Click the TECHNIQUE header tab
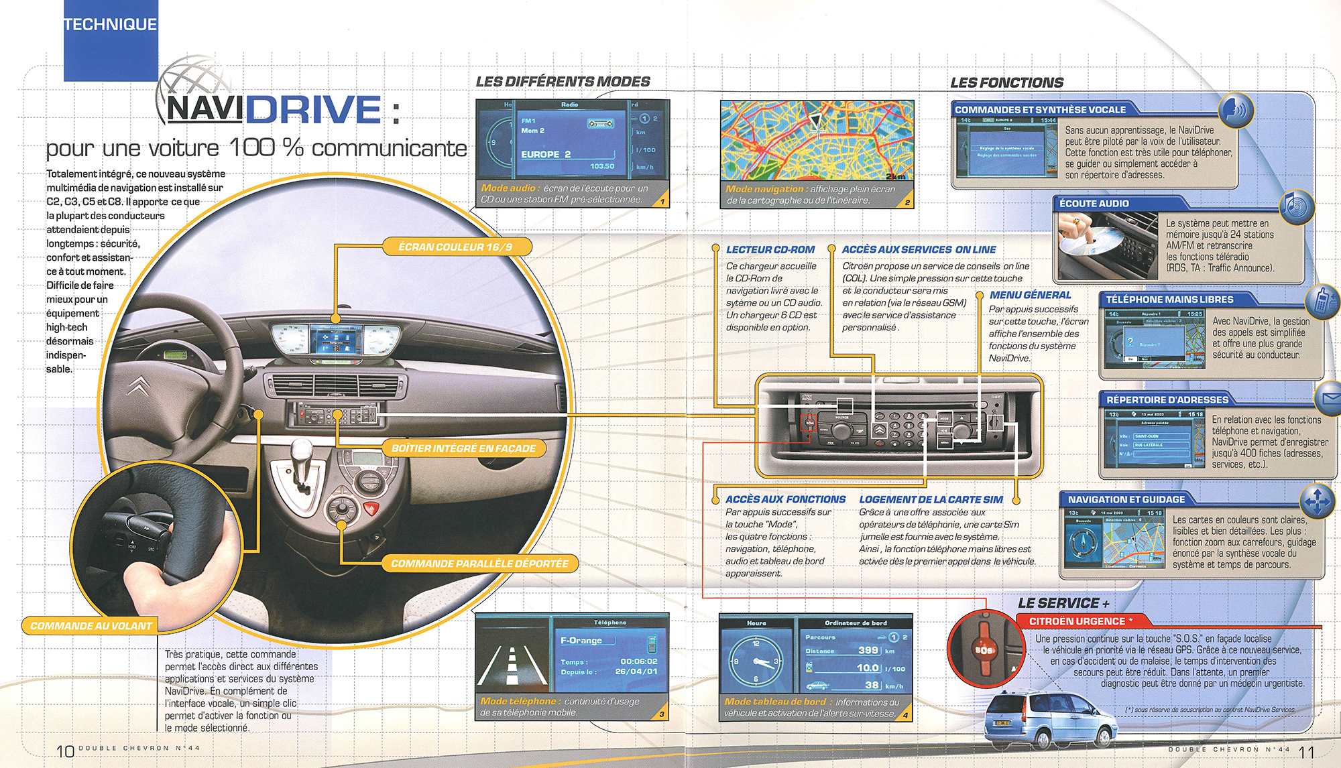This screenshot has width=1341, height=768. pos(111,25)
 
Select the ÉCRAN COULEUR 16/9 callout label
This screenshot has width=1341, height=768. pos(455,247)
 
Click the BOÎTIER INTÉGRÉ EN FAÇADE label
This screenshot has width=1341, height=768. pos(463,448)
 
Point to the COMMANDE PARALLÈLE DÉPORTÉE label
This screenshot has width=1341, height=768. pos(479,564)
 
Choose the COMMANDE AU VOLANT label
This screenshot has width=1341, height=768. pos(91,626)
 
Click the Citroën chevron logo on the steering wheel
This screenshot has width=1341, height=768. pos(139,385)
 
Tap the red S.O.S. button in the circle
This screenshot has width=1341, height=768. pos(984,650)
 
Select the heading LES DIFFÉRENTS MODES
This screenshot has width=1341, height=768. pos(563,82)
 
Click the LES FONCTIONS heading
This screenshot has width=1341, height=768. pos(1006,83)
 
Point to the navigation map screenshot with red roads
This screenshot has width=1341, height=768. pos(817,141)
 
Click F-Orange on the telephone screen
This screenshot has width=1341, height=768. pos(581,641)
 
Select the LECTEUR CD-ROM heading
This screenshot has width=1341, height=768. pos(770,249)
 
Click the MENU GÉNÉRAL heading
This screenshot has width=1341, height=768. pos(1030,295)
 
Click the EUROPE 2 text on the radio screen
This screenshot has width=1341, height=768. pos(546,154)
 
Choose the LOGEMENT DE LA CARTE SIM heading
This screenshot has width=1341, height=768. pos(931,499)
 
